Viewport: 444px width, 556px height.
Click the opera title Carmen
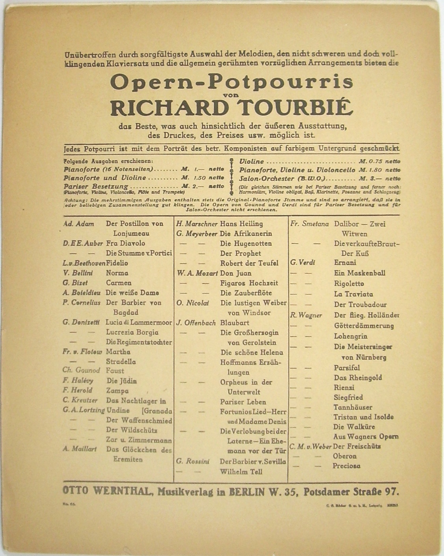coord(119,283)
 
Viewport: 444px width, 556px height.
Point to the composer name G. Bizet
coord(75,283)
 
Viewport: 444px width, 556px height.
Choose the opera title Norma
coord(117,273)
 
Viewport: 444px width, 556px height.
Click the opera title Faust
coord(115,371)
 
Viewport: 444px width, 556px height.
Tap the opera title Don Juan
coord(235,273)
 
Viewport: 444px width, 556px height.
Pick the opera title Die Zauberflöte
coord(246,293)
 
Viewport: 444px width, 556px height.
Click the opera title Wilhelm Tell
coord(241,472)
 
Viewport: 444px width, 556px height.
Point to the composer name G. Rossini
coord(193,461)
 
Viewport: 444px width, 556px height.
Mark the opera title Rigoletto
coord(349,284)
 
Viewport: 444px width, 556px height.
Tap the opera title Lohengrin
coord(351,337)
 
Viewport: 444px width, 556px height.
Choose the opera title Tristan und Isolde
coord(363,417)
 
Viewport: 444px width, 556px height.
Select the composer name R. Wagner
coord(306,315)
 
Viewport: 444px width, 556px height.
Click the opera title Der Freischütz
coord(357,447)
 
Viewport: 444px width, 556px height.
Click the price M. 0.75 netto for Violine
coord(379,161)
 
